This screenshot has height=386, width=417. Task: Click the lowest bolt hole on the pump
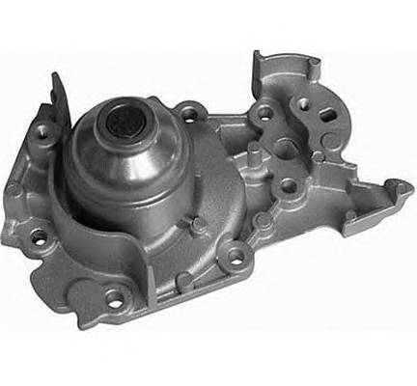115,296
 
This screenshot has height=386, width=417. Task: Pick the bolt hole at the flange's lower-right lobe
233,257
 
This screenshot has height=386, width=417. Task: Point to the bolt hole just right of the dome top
188,115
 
